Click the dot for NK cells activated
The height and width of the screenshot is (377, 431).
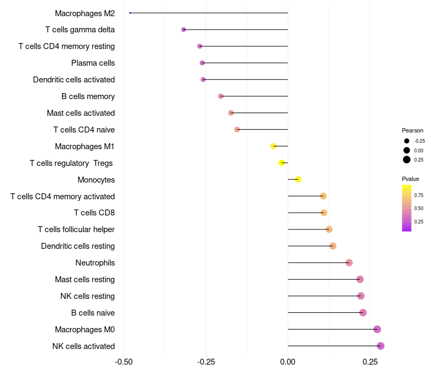tap(380, 346)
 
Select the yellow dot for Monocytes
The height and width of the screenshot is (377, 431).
tap(298, 179)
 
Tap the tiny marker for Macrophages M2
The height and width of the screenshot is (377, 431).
tap(130, 13)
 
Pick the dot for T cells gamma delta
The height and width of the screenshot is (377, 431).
tap(184, 30)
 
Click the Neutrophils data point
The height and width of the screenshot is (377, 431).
tap(349, 263)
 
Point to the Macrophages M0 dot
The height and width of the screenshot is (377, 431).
tap(377, 329)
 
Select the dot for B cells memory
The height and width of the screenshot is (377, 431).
tap(220, 96)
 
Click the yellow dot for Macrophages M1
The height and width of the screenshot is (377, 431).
tap(274, 146)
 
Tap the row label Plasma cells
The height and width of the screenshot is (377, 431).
tap(93, 63)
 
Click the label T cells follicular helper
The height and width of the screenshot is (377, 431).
tap(76, 229)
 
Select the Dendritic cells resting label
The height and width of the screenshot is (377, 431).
tap(78, 246)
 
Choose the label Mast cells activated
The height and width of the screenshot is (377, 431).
tap(81, 113)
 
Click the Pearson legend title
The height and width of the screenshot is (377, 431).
tap(413, 130)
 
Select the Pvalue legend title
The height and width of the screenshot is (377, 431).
tap(411, 179)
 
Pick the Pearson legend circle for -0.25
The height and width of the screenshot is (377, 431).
tap(407, 141)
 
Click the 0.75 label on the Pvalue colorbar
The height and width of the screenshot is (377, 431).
tap(419, 195)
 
